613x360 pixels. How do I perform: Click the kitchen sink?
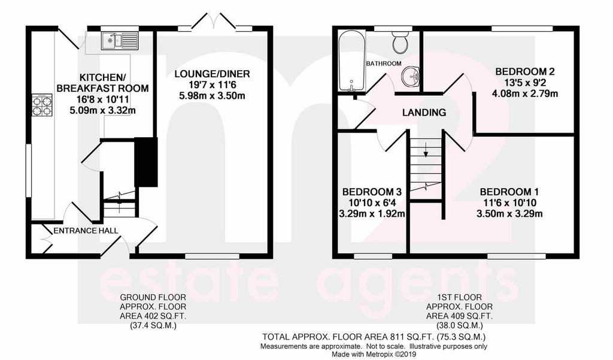pyautogui.click(x=120, y=41)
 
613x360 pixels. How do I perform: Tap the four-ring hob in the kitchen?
pyautogui.click(x=42, y=105)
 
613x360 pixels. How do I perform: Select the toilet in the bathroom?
pyautogui.click(x=400, y=43)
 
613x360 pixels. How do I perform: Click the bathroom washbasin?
pyautogui.click(x=411, y=76)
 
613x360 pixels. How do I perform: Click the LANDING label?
pyautogui.click(x=424, y=113)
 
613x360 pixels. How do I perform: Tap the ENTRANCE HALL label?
pyautogui.click(x=86, y=231)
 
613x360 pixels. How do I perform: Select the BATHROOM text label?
pyautogui.click(x=384, y=63)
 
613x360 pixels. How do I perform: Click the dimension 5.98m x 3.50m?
pyautogui.click(x=213, y=95)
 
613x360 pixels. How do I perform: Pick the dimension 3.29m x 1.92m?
pyautogui.click(x=372, y=214)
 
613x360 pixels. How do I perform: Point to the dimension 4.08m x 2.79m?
pyautogui.click(x=525, y=93)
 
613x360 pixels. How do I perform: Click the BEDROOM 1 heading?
pyautogui.click(x=509, y=192)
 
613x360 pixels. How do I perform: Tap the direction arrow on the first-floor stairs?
pyautogui.click(x=426, y=149)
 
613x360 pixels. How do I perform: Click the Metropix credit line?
pyautogui.click(x=374, y=354)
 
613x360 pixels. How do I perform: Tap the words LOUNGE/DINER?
pyautogui.click(x=213, y=74)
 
